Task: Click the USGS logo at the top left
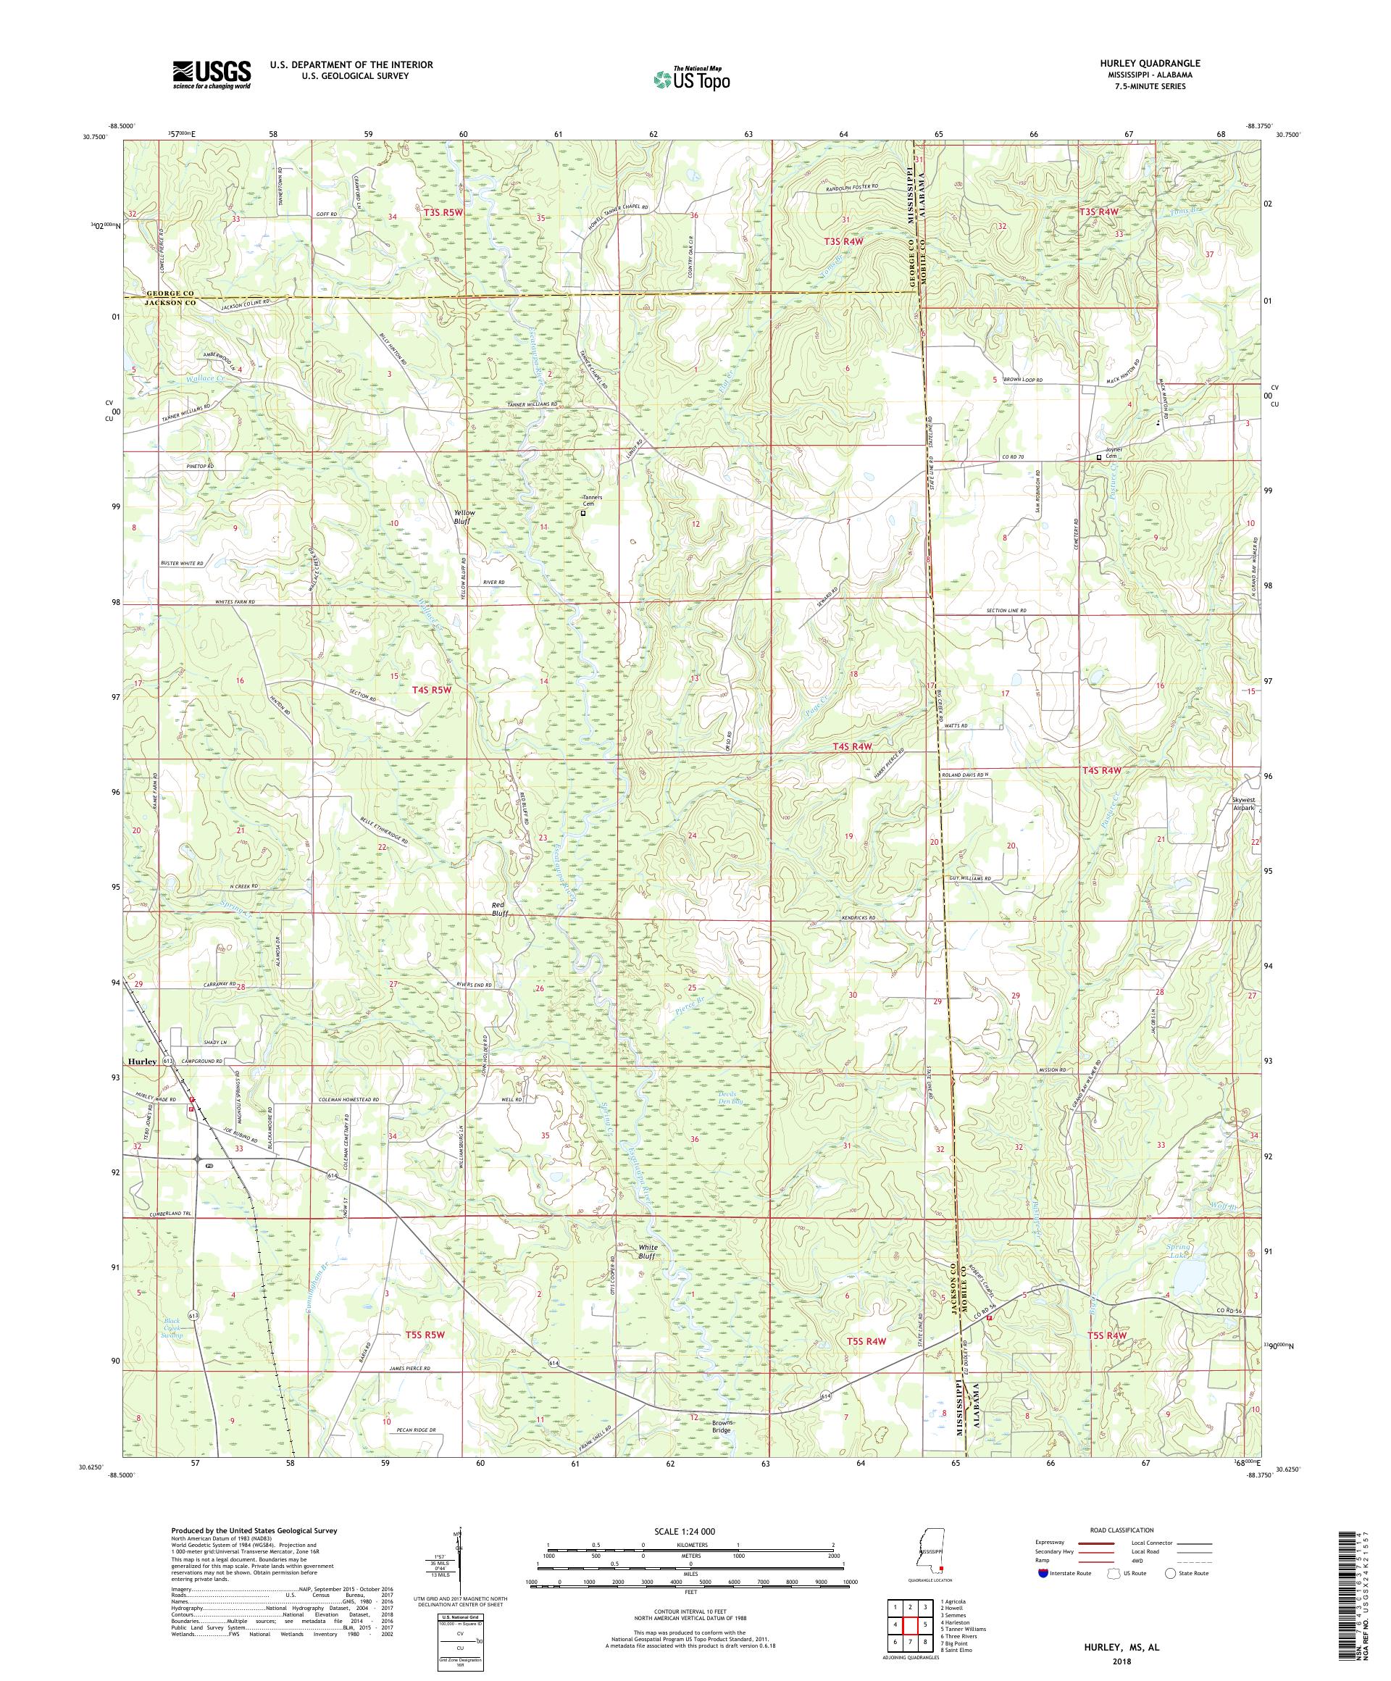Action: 212,75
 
